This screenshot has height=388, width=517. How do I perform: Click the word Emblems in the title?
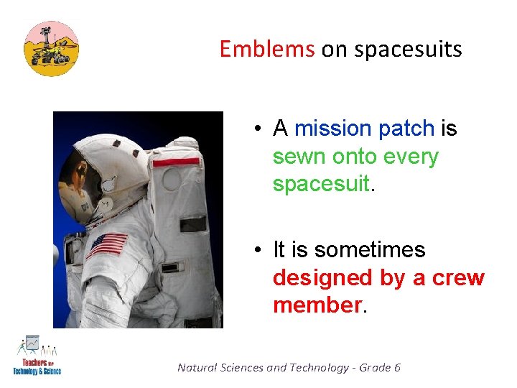coord(266,49)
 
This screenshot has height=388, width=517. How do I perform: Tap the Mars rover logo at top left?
coord(51,48)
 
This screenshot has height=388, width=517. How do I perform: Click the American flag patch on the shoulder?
coord(107,244)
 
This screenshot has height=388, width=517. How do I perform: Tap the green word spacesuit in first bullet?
coord(320,185)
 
